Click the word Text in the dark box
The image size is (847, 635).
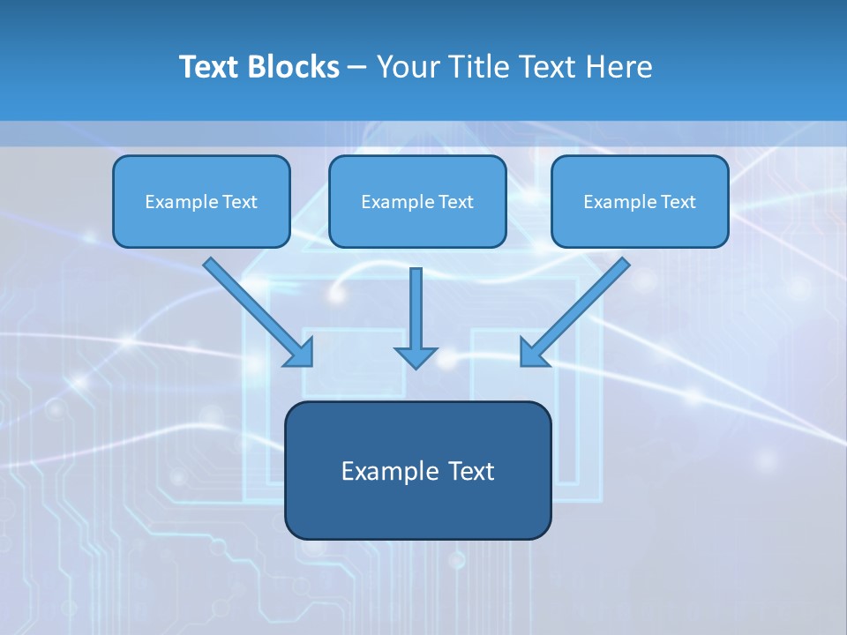(x=470, y=471)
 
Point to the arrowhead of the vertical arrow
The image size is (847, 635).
(x=416, y=357)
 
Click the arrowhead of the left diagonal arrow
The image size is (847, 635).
(x=301, y=354)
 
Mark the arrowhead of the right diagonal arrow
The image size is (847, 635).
(x=532, y=354)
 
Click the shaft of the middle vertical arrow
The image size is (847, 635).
(x=416, y=304)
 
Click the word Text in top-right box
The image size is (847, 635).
(x=678, y=202)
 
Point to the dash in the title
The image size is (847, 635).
(x=357, y=68)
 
